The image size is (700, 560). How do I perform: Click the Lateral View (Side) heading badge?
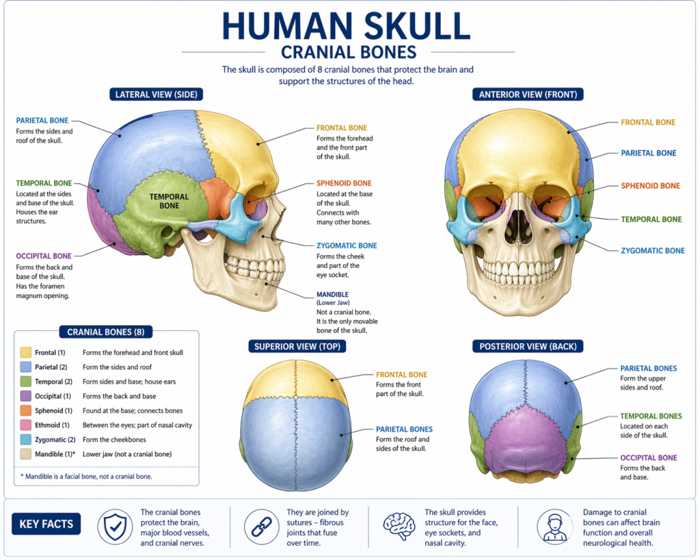[x=157, y=94]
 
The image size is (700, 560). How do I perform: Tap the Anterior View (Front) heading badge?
[x=528, y=94]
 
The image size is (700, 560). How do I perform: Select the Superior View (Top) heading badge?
[x=297, y=346]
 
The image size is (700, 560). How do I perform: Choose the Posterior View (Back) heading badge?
[x=528, y=346]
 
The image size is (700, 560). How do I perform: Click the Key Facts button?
[x=46, y=524]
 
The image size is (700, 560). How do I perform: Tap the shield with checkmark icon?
[x=115, y=527]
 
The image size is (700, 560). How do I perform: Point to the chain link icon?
[x=262, y=527]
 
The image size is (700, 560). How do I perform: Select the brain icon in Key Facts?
[x=399, y=526]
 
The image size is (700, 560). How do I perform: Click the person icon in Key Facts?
[x=555, y=527]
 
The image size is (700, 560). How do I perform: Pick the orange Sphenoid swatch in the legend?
[x=26, y=410]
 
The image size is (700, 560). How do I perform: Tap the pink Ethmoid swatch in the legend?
[x=26, y=425]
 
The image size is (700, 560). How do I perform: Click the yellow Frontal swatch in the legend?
[x=26, y=352]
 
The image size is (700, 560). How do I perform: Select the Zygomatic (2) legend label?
[x=55, y=440]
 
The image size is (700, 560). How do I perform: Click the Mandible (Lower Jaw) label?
[x=333, y=298]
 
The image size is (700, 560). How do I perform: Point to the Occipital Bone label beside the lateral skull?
[x=44, y=256]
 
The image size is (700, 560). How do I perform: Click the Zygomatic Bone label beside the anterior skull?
[x=653, y=250]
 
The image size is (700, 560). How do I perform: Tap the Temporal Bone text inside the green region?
[x=170, y=201]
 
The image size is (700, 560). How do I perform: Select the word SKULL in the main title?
[x=418, y=26]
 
